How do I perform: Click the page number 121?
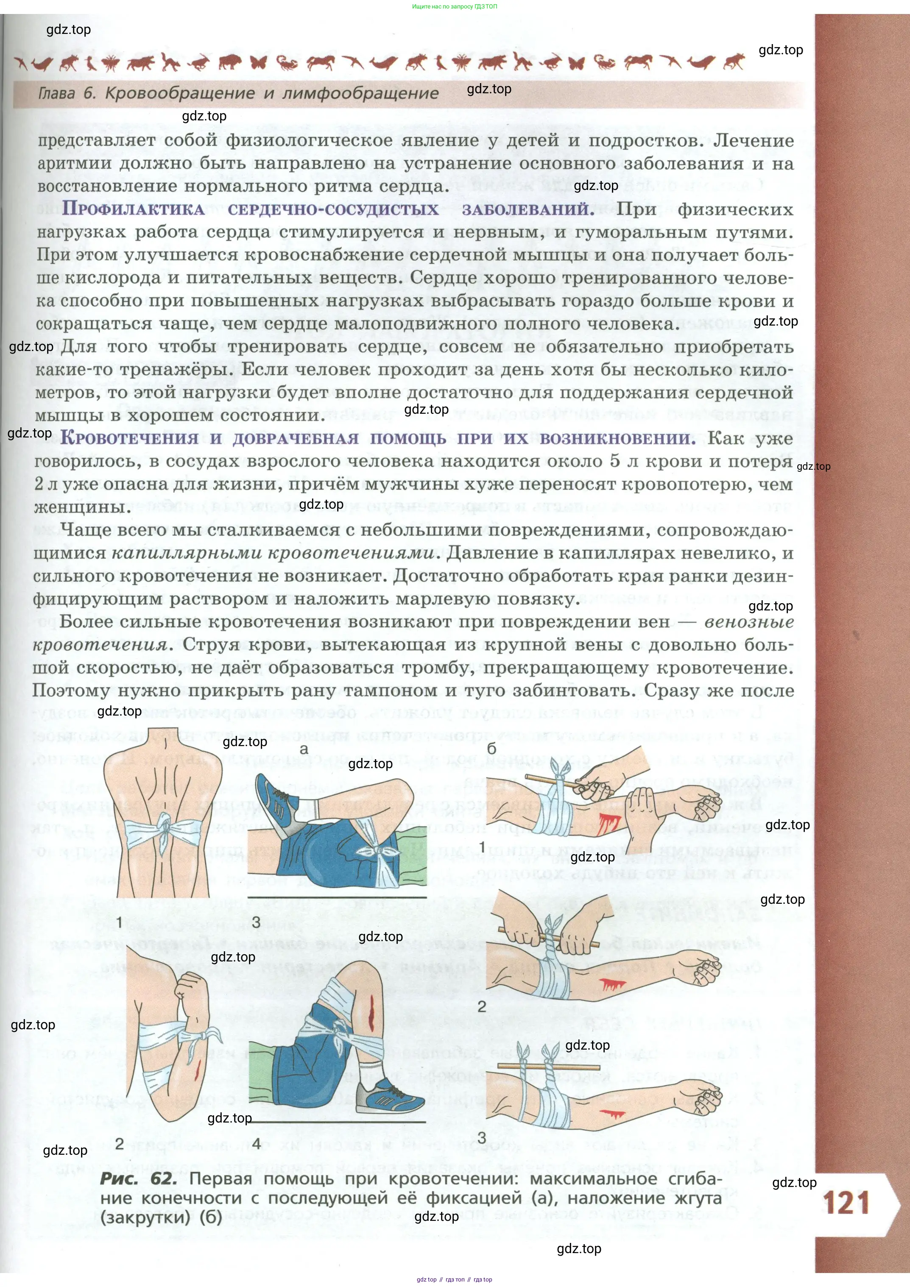tap(846, 1203)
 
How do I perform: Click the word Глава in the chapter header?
tap(57, 93)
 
